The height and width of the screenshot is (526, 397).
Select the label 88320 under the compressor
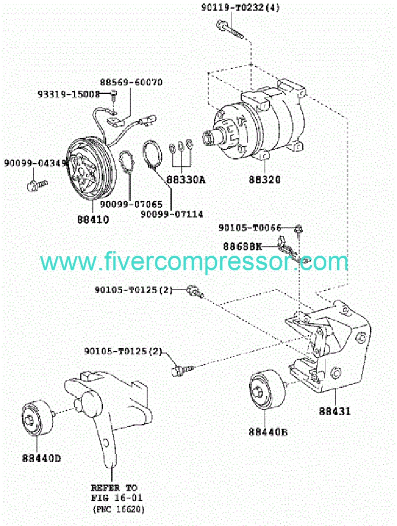[266, 180]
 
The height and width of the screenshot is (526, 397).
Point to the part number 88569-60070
[131, 82]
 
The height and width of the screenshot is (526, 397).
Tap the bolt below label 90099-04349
[37, 183]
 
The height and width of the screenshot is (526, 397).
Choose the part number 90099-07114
[172, 214]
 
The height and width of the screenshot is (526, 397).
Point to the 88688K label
[242, 246]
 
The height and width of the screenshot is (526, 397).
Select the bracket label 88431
[335, 411]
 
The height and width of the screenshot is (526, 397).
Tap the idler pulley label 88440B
[268, 431]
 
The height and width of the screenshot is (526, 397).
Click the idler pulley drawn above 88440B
[266, 390]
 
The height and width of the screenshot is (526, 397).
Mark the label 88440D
[41, 458]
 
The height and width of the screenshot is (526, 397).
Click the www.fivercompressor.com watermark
[194, 261]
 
